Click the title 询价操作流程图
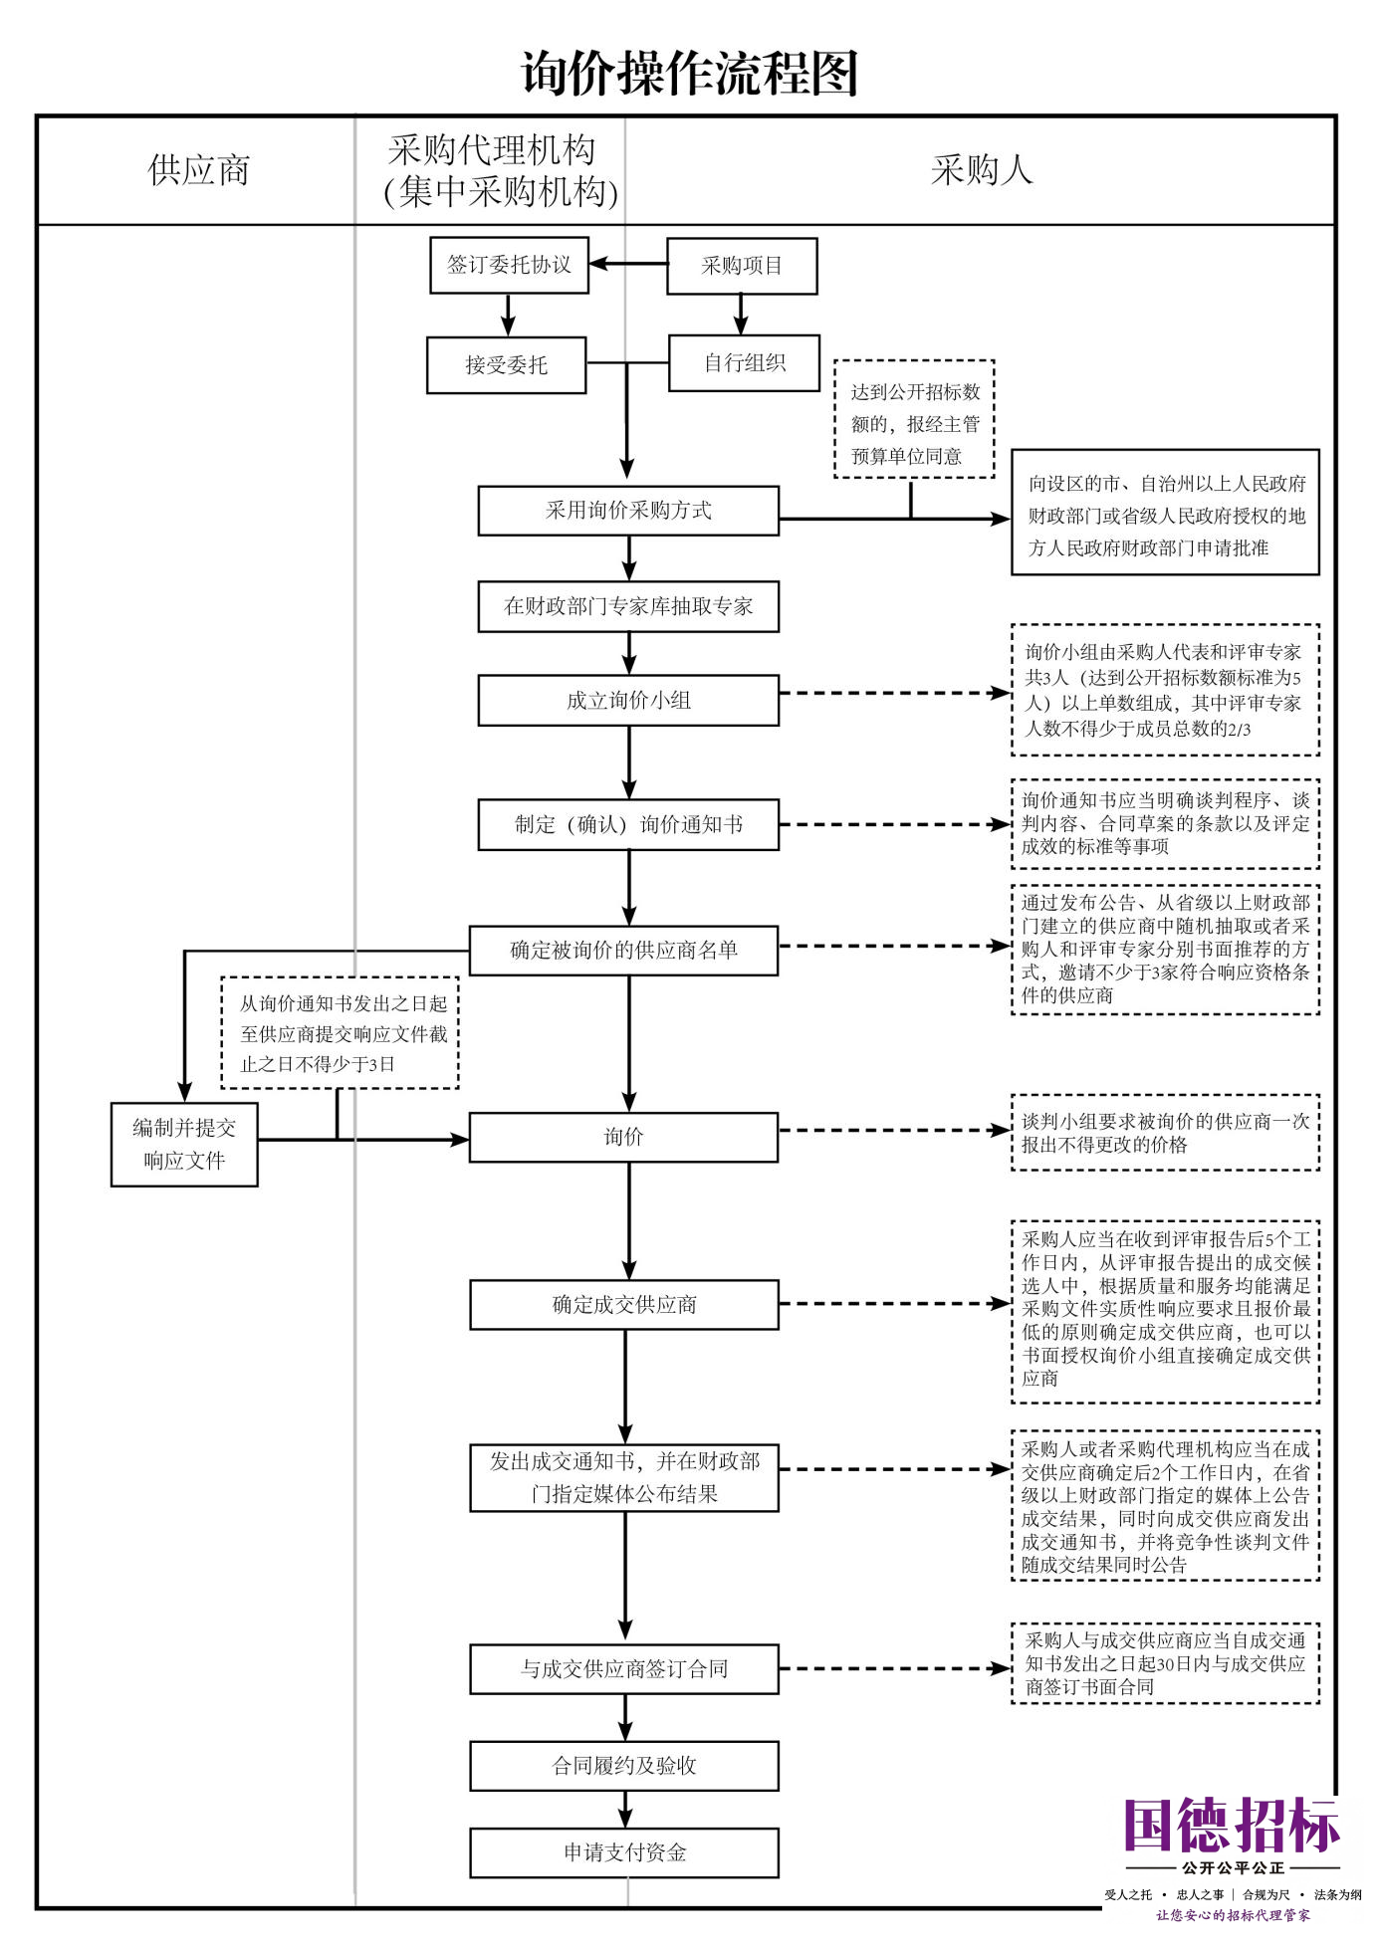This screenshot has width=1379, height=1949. pyautogui.click(x=689, y=73)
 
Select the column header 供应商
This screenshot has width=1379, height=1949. pyautogui.click(x=199, y=170)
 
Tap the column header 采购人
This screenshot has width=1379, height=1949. pyautogui.click(x=982, y=170)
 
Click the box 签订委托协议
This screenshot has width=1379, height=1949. pyautogui.click(x=509, y=265)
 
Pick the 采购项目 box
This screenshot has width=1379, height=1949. pyautogui.click(x=742, y=266)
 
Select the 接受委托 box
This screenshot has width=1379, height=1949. pyautogui.click(x=506, y=365)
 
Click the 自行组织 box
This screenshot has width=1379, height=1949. pyautogui.click(x=745, y=362)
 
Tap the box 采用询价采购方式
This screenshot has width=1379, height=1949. pyautogui.click(x=628, y=511)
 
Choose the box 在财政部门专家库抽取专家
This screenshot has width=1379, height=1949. pyautogui.click(x=628, y=606)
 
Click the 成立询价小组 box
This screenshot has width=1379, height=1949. pyautogui.click(x=628, y=701)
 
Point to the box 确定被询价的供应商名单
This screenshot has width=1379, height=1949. pyautogui.click(x=623, y=951)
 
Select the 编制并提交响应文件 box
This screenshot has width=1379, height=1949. pyautogui.click(x=184, y=1145)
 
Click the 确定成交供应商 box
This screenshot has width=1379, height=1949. pyautogui.click(x=624, y=1305)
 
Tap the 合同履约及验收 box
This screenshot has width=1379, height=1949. pyautogui.click(x=624, y=1766)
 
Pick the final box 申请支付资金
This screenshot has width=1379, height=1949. pyautogui.click(x=624, y=1852)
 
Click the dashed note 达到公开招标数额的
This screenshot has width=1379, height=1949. pyautogui.click(x=914, y=419)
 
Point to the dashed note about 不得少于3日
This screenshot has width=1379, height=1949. pyautogui.click(x=340, y=1033)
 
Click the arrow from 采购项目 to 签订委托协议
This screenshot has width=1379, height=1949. pyautogui.click(x=628, y=265)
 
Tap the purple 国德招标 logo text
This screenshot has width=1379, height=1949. pyautogui.click(x=1233, y=1825)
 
